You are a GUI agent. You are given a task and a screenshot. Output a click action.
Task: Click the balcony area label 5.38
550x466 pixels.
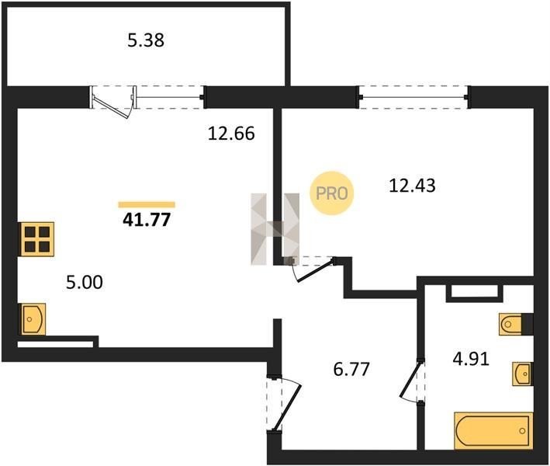[146, 40]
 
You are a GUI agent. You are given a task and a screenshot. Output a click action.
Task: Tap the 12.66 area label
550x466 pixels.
[231, 134]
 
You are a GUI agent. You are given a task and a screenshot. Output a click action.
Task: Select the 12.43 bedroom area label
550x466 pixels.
[412, 186]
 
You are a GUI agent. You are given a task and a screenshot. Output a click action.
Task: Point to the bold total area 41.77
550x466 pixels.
[147, 220]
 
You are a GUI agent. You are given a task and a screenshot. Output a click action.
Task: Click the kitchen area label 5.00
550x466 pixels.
[85, 282]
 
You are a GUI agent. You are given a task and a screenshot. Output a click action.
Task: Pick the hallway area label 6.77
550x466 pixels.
[351, 369]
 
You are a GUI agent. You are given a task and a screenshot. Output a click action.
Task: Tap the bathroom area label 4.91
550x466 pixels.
[471, 359]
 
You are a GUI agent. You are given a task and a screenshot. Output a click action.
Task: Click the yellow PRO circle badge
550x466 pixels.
[332, 193]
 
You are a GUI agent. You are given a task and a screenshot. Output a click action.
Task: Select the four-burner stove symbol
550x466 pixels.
[37, 239]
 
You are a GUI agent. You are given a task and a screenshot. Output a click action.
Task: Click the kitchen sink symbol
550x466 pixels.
[33, 319]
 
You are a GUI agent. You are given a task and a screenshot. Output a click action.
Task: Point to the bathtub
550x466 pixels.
[493, 430]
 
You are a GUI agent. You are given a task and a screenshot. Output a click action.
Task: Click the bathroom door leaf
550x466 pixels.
[410, 379]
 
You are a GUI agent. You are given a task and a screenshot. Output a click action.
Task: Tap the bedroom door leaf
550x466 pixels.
[316, 270]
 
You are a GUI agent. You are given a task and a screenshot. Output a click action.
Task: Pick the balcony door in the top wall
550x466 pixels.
[112, 103]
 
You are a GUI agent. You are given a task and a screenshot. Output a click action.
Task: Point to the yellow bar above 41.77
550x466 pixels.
[147, 205]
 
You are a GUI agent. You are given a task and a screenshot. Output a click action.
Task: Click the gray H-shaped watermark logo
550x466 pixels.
[275, 228]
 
